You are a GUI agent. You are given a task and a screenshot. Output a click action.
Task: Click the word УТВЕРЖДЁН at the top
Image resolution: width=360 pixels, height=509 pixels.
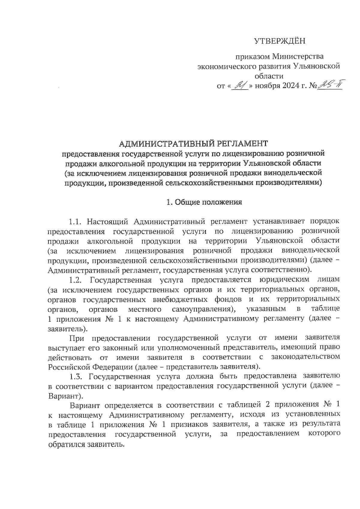click(x=280, y=41)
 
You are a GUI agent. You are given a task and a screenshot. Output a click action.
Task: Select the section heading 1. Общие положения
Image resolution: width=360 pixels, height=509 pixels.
click(x=204, y=202)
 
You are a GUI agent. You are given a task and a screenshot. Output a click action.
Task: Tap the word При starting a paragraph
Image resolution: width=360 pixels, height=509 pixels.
click(x=76, y=338)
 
